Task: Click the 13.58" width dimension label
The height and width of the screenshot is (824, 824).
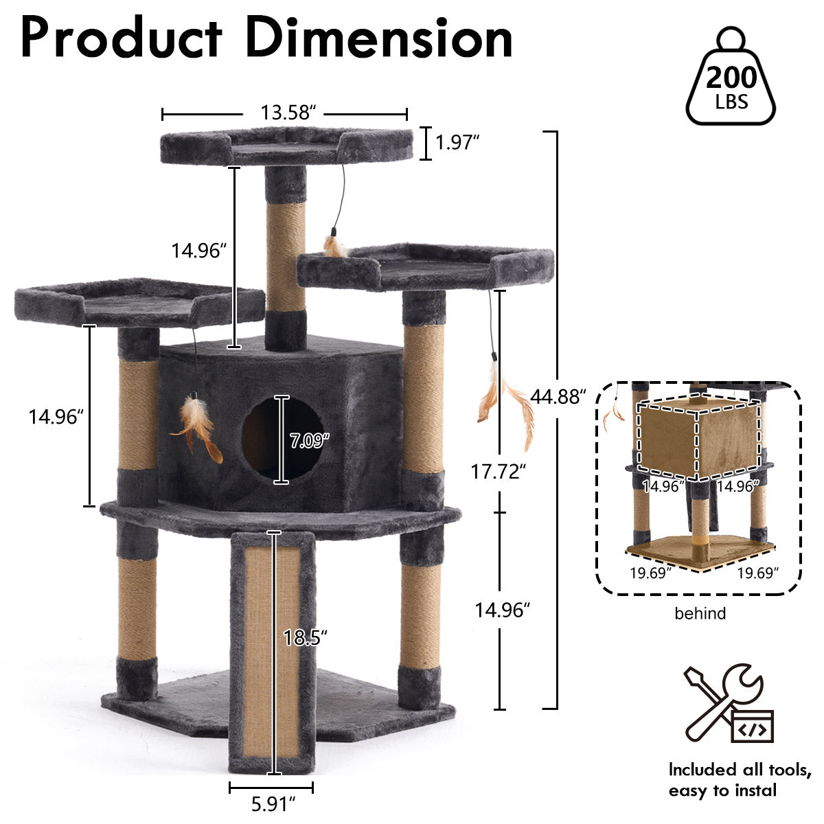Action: click(x=288, y=113)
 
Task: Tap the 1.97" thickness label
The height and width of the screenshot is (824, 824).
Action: click(x=457, y=142)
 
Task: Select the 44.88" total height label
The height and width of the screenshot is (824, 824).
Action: click(x=558, y=397)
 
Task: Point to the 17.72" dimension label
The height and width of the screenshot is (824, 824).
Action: click(x=498, y=472)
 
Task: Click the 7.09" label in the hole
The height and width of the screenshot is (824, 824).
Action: click(x=310, y=441)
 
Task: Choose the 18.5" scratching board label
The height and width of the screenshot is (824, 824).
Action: click(x=306, y=638)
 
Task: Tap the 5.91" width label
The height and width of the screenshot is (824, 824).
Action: click(x=273, y=804)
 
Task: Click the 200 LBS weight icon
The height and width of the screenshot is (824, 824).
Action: click(x=731, y=77)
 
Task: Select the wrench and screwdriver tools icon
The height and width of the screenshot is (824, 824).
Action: click(x=729, y=703)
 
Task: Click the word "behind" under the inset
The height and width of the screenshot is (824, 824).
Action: click(x=700, y=614)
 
